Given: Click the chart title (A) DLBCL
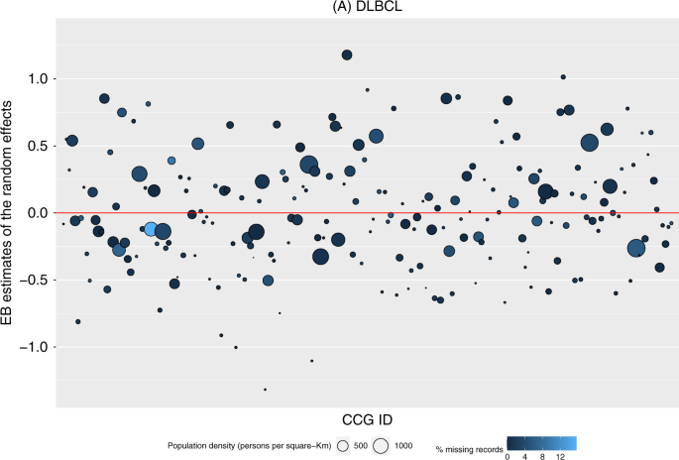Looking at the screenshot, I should pos(365,8).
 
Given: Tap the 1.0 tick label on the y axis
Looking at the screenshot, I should pos(38,78).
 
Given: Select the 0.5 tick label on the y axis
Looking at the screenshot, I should pos(38,146).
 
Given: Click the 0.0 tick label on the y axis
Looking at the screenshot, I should pos(38,213).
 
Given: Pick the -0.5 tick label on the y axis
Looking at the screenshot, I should pos(35,281).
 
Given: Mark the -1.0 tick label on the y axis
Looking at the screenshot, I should pos(35,348).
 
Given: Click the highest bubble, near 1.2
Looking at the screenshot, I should pos(347,56).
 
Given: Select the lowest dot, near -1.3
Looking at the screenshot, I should pos(265,390).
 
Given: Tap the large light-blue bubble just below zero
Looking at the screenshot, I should pos(151,229).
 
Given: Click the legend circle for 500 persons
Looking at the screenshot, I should pos(343,446).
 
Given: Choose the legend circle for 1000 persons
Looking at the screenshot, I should pos(381,446).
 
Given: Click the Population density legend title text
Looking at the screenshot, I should pos(250,446).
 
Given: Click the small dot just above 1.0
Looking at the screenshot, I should pos(563,76).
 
